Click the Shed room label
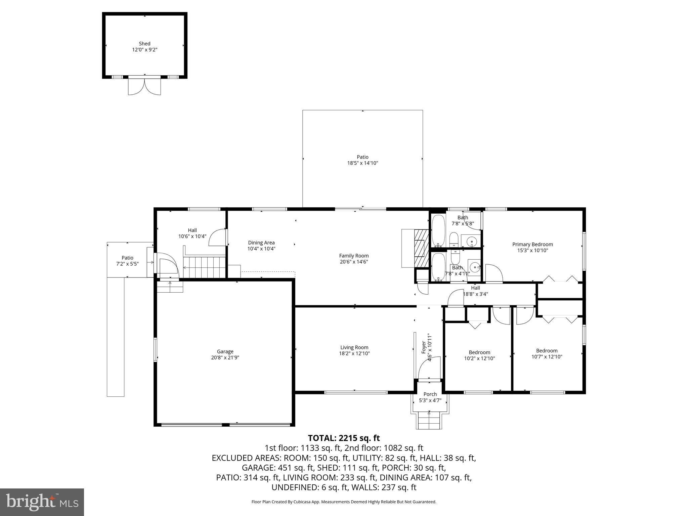pyautogui.click(x=144, y=44)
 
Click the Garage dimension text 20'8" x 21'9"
pyautogui.click(x=225, y=357)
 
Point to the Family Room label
pyautogui.click(x=354, y=256)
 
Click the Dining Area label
pyautogui.click(x=261, y=243)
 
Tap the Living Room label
pyautogui.click(x=354, y=347)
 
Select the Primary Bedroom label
pyautogui.click(x=532, y=244)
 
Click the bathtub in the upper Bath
pyautogui.click(x=438, y=230)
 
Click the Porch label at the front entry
pyautogui.click(x=430, y=394)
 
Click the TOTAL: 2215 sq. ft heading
pyautogui.click(x=344, y=438)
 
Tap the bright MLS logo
pyautogui.click(x=42, y=502)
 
